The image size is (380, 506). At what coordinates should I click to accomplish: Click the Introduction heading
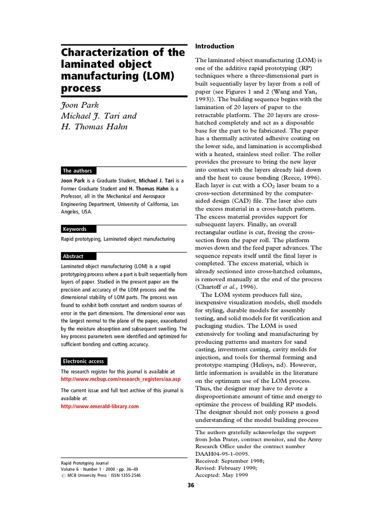(215, 46)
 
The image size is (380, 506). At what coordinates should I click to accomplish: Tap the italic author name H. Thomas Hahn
(94, 126)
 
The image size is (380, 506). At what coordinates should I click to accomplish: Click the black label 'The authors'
(78, 170)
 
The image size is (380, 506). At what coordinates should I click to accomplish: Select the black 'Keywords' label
(75, 229)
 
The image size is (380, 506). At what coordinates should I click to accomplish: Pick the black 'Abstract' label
(73, 256)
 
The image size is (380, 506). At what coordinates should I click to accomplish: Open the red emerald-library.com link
(99, 406)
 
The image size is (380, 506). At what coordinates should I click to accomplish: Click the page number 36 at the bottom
(191, 485)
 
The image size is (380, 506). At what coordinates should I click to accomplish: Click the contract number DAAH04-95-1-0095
(223, 453)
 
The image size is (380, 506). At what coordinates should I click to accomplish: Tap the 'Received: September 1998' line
(230, 461)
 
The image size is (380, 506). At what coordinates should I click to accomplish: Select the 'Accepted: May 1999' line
(222, 475)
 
